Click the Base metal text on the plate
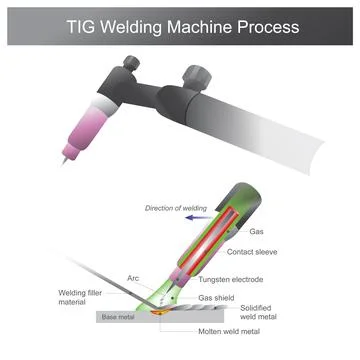(x=118, y=318)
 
